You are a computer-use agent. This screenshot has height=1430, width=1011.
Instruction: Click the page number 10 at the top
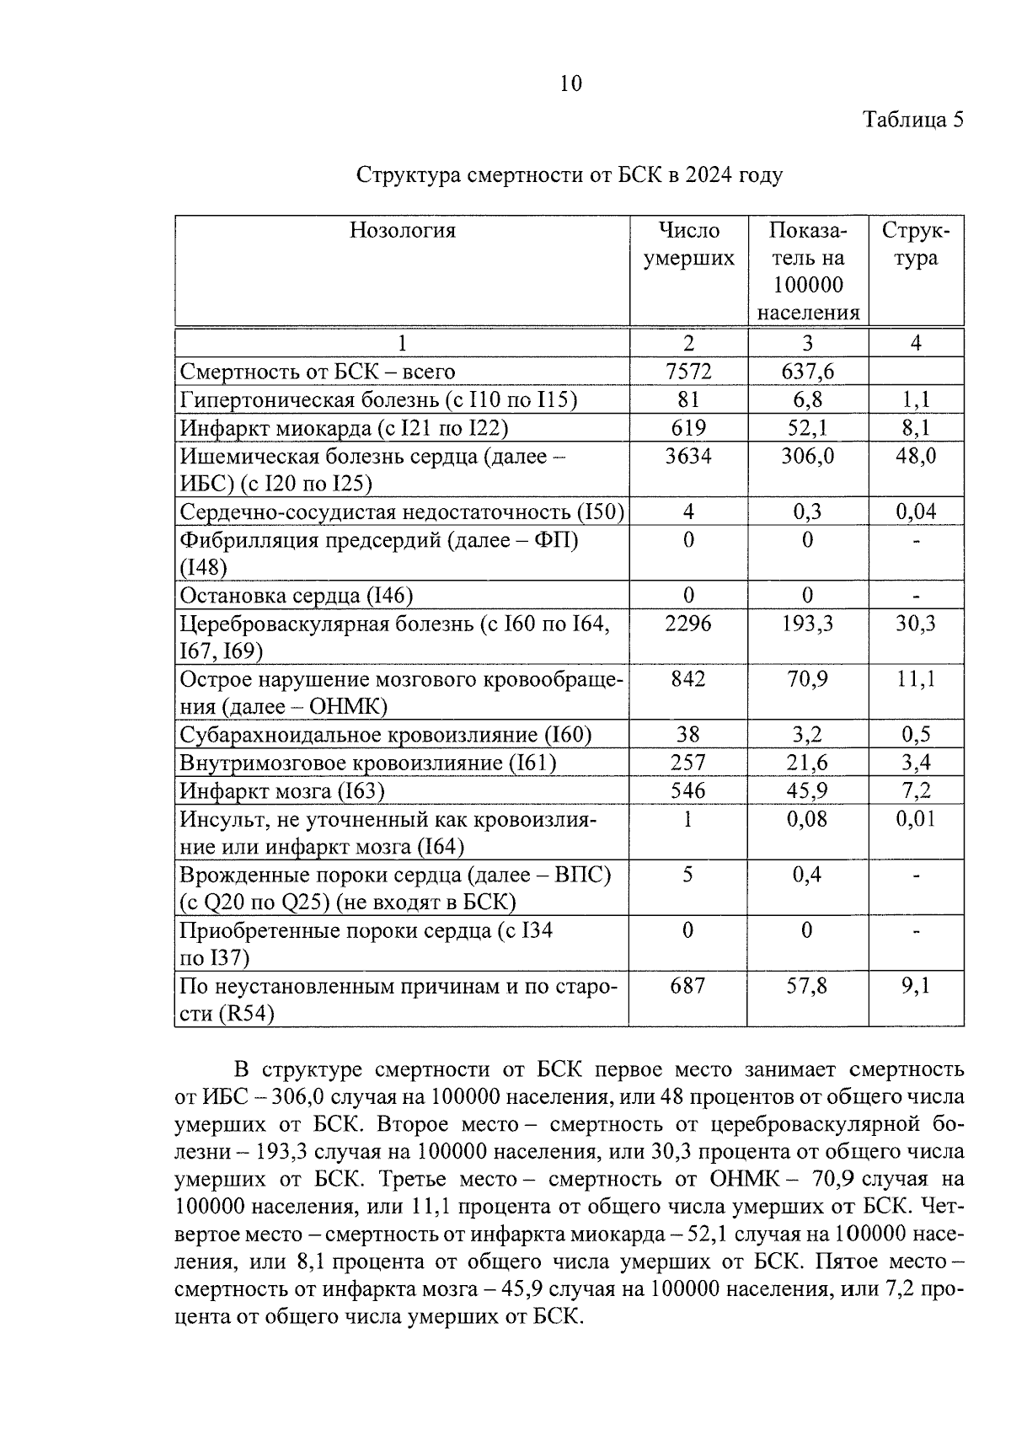pyautogui.click(x=570, y=83)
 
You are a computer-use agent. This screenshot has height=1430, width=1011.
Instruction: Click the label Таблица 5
pyautogui.click(x=913, y=120)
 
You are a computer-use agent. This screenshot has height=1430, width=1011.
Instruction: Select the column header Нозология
pyautogui.click(x=402, y=231)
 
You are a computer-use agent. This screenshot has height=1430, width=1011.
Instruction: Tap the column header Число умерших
pyautogui.click(x=688, y=244)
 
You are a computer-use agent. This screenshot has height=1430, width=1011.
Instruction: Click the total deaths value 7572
pyautogui.click(x=688, y=372)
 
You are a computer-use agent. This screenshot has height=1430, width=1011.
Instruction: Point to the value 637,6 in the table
pyautogui.click(x=807, y=372)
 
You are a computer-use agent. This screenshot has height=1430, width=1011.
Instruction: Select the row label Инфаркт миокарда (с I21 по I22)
pyautogui.click(x=344, y=428)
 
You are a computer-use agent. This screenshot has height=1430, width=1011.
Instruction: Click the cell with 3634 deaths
pyautogui.click(x=688, y=457)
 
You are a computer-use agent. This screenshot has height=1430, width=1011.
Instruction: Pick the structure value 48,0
pyautogui.click(x=916, y=457)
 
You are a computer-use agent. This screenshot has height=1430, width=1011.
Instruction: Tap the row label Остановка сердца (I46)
pyautogui.click(x=296, y=596)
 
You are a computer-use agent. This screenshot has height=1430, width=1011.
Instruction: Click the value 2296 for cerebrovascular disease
pyautogui.click(x=688, y=624)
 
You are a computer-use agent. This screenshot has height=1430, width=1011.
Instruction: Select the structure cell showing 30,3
pyautogui.click(x=916, y=624)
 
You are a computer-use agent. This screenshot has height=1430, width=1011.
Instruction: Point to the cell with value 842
pyautogui.click(x=688, y=679)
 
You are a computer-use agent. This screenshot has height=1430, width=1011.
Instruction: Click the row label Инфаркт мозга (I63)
pyautogui.click(x=282, y=791)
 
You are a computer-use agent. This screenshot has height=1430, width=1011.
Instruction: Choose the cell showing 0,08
pyautogui.click(x=807, y=819)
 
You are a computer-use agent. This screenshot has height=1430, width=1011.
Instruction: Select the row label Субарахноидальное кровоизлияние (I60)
pyautogui.click(x=386, y=735)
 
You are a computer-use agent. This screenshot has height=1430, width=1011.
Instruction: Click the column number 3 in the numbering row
pyautogui.click(x=807, y=343)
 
